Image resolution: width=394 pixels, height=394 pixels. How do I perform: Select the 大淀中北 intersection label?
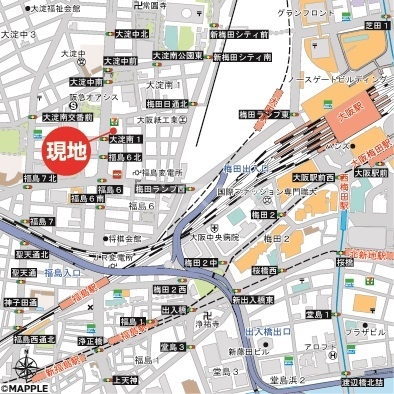tap(131, 33)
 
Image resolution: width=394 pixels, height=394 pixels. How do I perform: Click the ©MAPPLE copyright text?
tap(27, 388)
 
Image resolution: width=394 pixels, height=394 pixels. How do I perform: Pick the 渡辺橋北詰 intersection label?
tap(362, 381)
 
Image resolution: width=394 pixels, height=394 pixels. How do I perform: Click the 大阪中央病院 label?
tap(216, 238)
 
